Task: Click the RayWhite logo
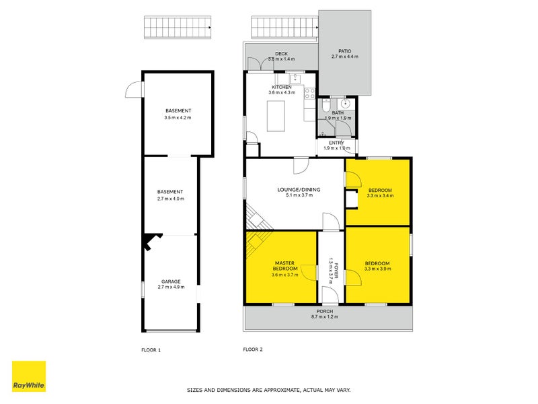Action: pyautogui.click(x=29, y=376)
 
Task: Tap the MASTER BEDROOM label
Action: pyautogui.click(x=285, y=265)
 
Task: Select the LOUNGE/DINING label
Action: pyautogui.click(x=299, y=190)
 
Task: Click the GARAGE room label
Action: pyautogui.click(x=170, y=281)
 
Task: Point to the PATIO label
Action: pyautogui.click(x=344, y=50)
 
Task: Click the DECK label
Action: pyautogui.click(x=281, y=54)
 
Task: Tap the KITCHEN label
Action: pyautogui.click(x=282, y=88)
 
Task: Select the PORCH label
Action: pyautogui.click(x=324, y=311)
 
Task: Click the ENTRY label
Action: pyautogui.click(x=336, y=143)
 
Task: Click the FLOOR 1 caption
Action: pyautogui.click(x=151, y=349)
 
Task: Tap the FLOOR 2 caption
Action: pyautogui.click(x=252, y=349)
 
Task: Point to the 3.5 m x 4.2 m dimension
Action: pyautogui.click(x=178, y=118)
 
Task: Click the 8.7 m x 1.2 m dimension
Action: pyautogui.click(x=324, y=317)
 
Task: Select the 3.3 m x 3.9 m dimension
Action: pyautogui.click(x=377, y=269)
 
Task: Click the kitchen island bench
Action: pyautogui.click(x=276, y=116)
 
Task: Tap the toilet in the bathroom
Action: pyautogui.click(x=325, y=107)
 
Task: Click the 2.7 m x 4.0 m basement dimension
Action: pyautogui.click(x=170, y=199)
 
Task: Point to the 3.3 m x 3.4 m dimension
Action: pyautogui.click(x=379, y=196)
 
